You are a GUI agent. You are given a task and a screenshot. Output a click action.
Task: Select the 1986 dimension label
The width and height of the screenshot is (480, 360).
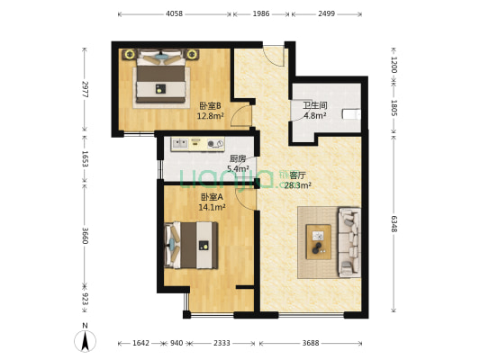click(x=261, y=14)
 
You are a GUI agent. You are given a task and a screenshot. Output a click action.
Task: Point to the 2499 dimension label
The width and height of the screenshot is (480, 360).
click(x=326, y=14)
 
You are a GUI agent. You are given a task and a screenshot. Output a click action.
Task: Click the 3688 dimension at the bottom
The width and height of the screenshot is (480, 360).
click(x=312, y=343)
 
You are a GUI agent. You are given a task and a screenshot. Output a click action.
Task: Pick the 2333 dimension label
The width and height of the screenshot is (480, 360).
click(x=221, y=343)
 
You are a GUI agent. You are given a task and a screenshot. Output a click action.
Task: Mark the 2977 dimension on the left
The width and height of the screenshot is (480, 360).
click(x=84, y=90)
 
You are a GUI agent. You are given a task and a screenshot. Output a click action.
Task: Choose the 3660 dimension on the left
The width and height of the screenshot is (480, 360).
click(x=84, y=235)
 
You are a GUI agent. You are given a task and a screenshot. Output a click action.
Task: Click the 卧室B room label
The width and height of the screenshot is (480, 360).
click(x=210, y=105)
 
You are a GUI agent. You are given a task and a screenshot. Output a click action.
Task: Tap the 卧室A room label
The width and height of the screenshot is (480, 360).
click(x=213, y=197)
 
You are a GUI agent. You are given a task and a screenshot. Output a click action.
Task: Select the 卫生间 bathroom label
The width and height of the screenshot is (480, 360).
click(x=314, y=105)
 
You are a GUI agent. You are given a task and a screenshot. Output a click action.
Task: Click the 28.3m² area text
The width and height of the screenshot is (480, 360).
click(x=297, y=186)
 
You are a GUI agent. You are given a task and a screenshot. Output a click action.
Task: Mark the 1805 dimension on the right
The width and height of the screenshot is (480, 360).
click(x=394, y=108)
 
